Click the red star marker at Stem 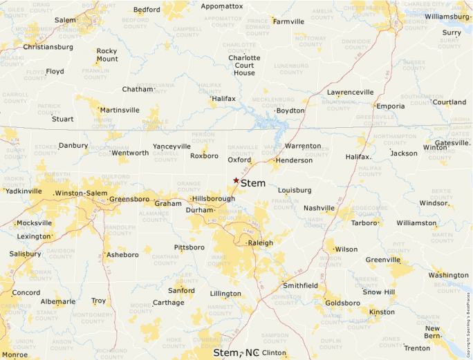pyautogui.click(x=236, y=180)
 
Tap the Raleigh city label pyautogui.click(x=261, y=243)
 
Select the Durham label pyautogui.click(x=199, y=210)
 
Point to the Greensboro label pyautogui.click(x=129, y=199)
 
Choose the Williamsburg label pyautogui.click(x=447, y=16)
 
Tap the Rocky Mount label pyautogui.click(x=106, y=55)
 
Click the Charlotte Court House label pyautogui.click(x=244, y=66)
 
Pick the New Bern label pyautogui.click(x=432, y=332)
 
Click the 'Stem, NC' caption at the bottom pyautogui.click(x=236, y=352)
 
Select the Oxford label pyautogui.click(x=239, y=160)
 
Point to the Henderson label pyautogui.click(x=294, y=160)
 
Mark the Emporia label pyautogui.click(x=390, y=106)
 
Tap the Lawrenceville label pyautogui.click(x=350, y=92)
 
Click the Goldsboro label pyautogui.click(x=342, y=303)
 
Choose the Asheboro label pyautogui.click(x=122, y=255)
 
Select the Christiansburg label pyautogui.click(x=48, y=47)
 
